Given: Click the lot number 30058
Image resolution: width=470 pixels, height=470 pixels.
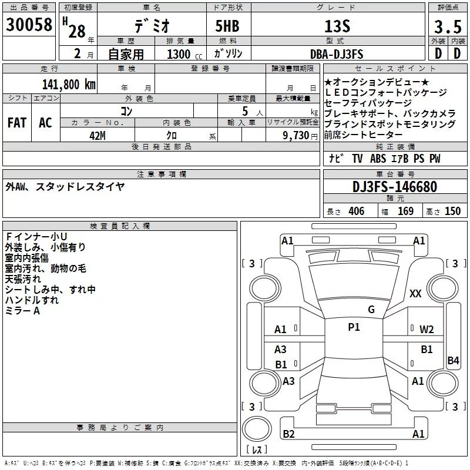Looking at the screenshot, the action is click(29, 25).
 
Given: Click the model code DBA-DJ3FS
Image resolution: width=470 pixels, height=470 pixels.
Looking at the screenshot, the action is click(337, 54).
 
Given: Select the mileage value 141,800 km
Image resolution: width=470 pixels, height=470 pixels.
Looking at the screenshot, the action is click(68, 84).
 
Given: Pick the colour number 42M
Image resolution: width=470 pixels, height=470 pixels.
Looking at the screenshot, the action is click(98, 136).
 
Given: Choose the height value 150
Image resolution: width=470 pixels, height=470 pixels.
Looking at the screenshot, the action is click(452, 211).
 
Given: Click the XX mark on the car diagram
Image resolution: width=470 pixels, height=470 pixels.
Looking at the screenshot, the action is click(415, 293).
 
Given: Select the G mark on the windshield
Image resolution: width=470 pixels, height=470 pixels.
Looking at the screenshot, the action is click(371, 310).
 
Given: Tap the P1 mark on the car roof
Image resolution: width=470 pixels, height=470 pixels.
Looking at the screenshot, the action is click(354, 327).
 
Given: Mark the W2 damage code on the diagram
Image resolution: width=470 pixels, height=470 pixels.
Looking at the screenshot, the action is click(427, 329).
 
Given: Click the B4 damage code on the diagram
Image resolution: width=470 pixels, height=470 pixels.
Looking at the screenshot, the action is click(452, 361).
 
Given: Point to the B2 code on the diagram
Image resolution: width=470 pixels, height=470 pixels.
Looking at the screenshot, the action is click(288, 434).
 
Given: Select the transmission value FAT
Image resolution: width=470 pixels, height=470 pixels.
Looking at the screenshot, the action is click(16, 122).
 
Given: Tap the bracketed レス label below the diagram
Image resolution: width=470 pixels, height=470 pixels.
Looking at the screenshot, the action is click(257, 450).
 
